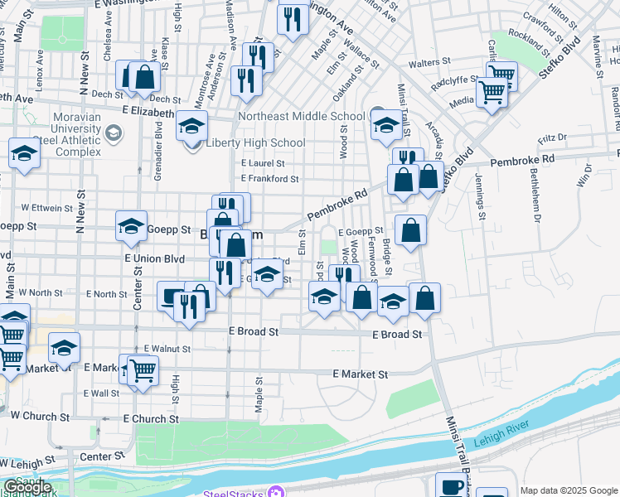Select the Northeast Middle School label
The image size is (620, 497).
coord(302,117)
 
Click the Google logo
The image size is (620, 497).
coord(27,487)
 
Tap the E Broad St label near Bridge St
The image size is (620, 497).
coord(398,335)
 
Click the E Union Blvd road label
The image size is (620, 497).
coord(154,259)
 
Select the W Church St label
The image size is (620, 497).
coord(36,416)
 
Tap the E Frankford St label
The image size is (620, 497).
coord(269,178)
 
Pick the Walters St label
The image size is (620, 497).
coord(429,62)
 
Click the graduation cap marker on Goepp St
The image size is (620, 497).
coord(131,225)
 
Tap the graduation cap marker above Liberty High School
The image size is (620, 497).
coord(191,126)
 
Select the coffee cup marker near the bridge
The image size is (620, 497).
coord(451,486)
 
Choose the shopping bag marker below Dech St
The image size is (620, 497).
coord(145,76)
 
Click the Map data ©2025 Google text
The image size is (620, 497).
coord(569,490)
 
